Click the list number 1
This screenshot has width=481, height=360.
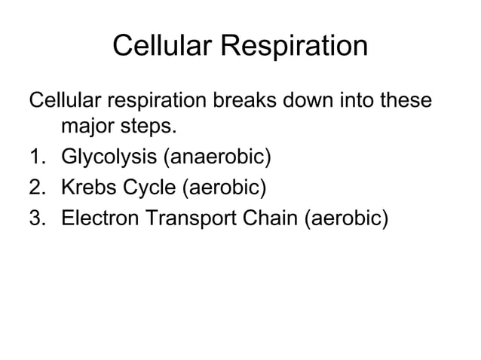click(x=36, y=158)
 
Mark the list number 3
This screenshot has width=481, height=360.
click(x=36, y=218)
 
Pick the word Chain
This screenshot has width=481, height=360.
click(x=271, y=218)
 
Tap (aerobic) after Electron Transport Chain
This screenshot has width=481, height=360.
click(x=347, y=218)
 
